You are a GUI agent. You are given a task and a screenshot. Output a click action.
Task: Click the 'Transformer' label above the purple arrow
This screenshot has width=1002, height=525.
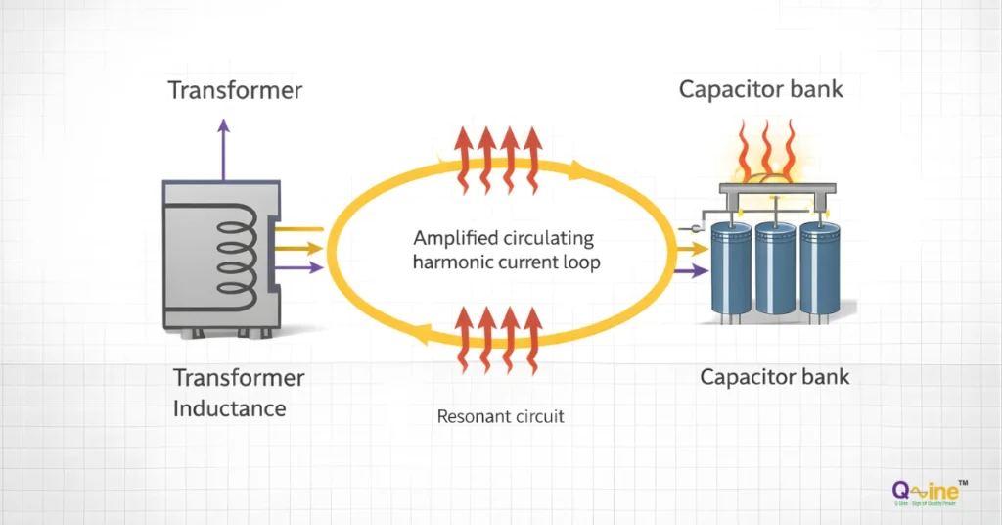(x=235, y=91)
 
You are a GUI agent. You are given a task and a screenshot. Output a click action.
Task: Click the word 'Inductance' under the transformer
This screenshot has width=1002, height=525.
(x=229, y=407)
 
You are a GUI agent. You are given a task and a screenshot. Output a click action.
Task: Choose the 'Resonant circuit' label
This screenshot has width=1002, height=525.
(x=500, y=416)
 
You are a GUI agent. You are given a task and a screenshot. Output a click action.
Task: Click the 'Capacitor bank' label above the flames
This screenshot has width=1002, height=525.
(x=760, y=90)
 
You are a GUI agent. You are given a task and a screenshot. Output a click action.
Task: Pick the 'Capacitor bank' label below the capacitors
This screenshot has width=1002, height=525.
(x=774, y=377)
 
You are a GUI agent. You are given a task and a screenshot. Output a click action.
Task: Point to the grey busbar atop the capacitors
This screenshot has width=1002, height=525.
(x=774, y=189)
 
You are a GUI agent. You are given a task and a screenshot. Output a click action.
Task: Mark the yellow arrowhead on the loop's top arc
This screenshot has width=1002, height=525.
(x=579, y=171)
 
